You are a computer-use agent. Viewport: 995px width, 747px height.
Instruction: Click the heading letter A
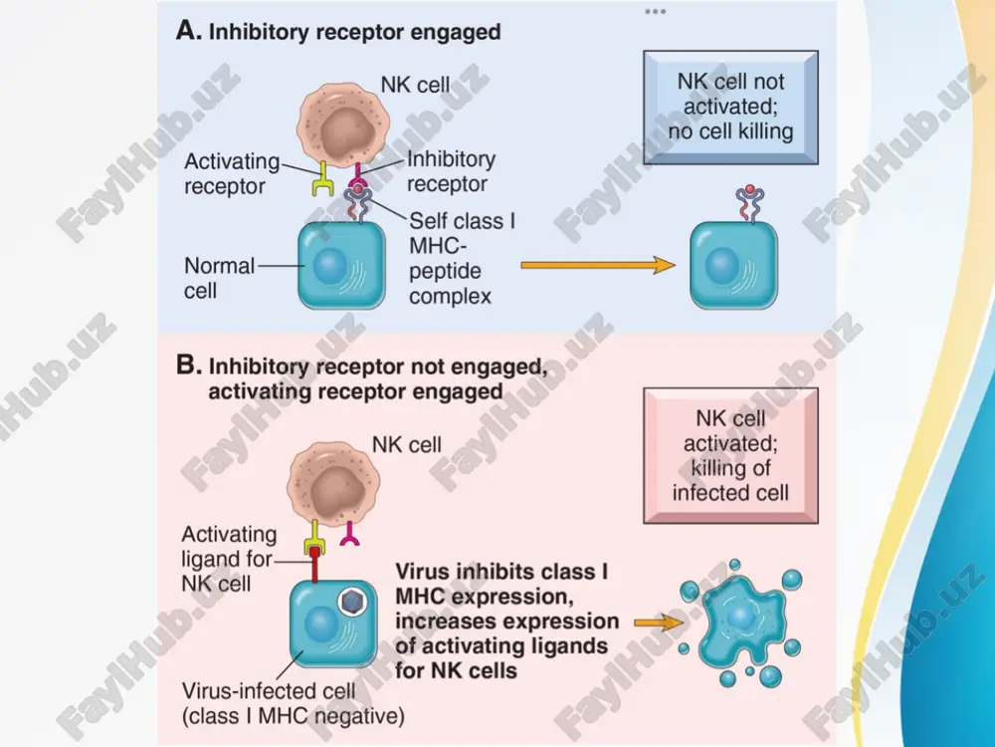pos(188,31)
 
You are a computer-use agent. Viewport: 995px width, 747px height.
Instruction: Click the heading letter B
pos(188,366)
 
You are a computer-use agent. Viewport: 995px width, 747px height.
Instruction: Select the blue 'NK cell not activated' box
pos(730,108)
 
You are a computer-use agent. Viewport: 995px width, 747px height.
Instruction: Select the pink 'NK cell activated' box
pos(730,455)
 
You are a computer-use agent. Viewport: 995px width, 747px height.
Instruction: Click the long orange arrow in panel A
pos(598,264)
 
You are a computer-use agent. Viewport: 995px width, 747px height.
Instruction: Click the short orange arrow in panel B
pos(659,623)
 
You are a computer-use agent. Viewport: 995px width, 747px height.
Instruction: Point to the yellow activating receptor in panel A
pos(323,178)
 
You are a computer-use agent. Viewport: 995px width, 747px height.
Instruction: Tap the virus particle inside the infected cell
pos(351,601)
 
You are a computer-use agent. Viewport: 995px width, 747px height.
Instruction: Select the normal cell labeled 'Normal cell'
pos(341,266)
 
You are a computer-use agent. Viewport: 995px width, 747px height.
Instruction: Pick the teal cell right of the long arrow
pos(733,266)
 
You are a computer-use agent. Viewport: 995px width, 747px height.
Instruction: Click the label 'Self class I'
pos(462,221)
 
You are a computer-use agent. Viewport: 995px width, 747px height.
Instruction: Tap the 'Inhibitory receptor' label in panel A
pos(451,171)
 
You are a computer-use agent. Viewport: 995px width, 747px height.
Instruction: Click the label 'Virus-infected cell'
pos(269,691)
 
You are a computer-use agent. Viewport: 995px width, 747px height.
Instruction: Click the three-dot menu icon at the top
pos(655,11)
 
